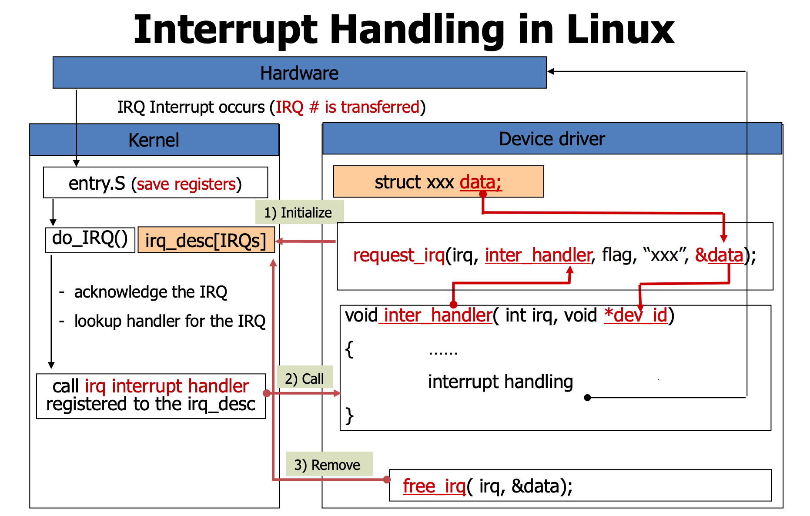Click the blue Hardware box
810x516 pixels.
pos(299,73)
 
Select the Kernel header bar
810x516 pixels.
pos(154,140)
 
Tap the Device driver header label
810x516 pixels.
pos(552,139)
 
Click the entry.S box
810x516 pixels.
pos(155,183)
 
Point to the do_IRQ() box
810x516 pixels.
pos(90,239)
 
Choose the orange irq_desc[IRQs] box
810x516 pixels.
pos(206,240)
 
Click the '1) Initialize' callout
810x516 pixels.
pos(299,212)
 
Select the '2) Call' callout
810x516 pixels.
pos(305,378)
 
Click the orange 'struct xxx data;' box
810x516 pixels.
pos(438,182)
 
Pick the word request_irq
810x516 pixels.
pos(399,255)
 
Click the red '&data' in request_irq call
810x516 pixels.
pos(719,255)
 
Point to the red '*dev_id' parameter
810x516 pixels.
pos(636,315)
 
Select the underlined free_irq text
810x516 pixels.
pos(434,486)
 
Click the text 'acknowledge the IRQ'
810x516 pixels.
pos(151,292)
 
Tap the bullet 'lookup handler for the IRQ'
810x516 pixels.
pos(170,321)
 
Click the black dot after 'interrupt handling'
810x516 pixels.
pos(587,397)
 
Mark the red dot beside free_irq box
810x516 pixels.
pos(387,479)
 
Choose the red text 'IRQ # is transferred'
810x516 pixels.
pos(347,107)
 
